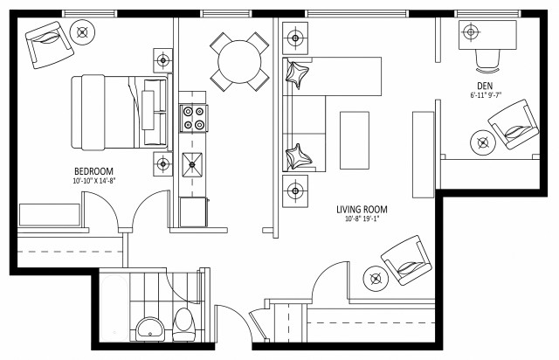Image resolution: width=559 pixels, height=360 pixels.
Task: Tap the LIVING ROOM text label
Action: pyautogui.click(x=362, y=210)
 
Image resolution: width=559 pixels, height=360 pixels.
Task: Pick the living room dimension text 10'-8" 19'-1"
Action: pyautogui.click(x=362, y=220)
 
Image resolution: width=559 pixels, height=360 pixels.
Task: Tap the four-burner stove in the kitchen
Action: pyautogui.click(x=193, y=118)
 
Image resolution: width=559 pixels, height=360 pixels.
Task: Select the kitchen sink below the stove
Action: pyautogui.click(x=193, y=163)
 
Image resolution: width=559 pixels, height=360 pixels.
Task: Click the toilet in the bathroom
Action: pyautogui.click(x=183, y=326)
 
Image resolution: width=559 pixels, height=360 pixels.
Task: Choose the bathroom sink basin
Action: pyautogui.click(x=148, y=329)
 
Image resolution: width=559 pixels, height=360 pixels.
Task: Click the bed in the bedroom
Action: pyautogui.click(x=109, y=111)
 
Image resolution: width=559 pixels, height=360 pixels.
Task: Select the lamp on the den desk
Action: pyautogui.click(x=471, y=32)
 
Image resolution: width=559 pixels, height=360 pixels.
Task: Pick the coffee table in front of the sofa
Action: pyautogui.click(x=355, y=140)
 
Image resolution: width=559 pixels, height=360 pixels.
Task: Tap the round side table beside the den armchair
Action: pyautogui.click(x=481, y=142)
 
